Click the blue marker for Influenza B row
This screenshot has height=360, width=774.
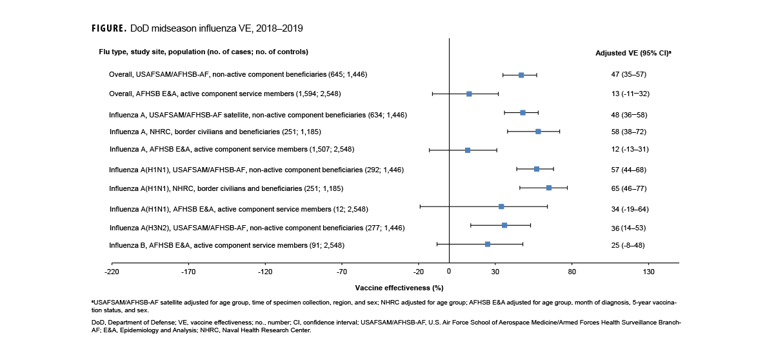[488, 245]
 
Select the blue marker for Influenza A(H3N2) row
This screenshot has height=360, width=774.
[504, 225]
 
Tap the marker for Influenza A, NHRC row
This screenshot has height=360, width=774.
[538, 132]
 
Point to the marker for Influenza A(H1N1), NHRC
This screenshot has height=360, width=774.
[549, 188]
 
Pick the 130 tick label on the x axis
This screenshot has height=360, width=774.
[649, 272]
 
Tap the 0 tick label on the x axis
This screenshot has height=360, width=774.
[449, 272]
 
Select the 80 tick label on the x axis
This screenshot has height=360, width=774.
[572, 272]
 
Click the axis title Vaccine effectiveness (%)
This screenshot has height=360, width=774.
[399, 288]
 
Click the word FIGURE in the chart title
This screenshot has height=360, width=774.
[109, 29]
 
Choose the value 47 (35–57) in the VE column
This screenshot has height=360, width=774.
[628, 75]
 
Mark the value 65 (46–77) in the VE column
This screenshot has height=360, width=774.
[628, 188]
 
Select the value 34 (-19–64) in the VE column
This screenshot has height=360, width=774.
[630, 209]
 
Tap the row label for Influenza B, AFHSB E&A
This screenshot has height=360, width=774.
[226, 245]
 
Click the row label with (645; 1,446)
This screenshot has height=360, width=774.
[238, 75]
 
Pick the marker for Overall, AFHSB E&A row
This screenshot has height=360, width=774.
[469, 94]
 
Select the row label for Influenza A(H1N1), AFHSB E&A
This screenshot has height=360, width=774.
[239, 209]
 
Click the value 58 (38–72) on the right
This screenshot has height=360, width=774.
[628, 132]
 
